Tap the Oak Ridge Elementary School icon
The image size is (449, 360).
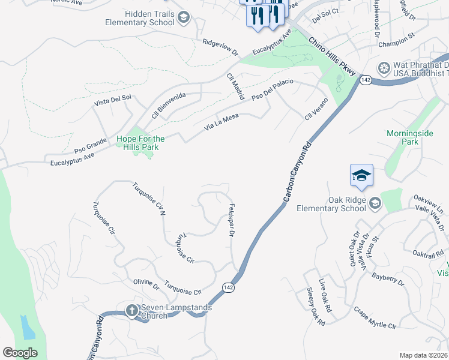[x=375, y=204]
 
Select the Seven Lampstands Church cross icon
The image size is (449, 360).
[x=131, y=310]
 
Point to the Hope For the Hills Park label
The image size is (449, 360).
[x=140, y=143]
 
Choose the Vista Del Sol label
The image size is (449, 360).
[x=112, y=101]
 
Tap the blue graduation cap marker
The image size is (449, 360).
[x=362, y=176]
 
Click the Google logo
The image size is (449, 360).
[x=20, y=353]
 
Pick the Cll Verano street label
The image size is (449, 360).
[x=316, y=108]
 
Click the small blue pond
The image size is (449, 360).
[x=27, y=328]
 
